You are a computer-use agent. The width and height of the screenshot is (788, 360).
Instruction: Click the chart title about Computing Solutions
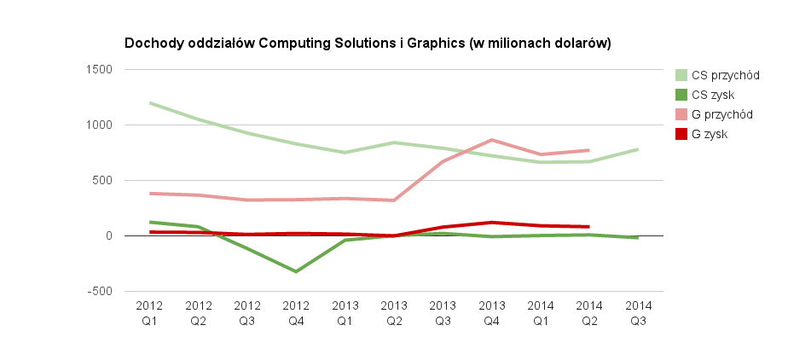coord(368,43)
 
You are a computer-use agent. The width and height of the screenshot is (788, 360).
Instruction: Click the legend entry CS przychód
coord(725,75)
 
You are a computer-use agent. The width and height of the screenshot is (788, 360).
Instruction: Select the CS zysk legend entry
coord(713,95)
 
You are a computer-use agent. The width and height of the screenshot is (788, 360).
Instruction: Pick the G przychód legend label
coord(721,114)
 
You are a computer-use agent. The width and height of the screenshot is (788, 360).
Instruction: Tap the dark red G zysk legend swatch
coord(681,134)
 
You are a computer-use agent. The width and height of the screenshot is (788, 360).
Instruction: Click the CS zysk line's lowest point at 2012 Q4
coord(296,271)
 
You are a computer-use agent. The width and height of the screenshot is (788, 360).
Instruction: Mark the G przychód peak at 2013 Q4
coord(491,140)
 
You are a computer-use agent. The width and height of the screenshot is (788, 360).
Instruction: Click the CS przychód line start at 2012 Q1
coord(150,103)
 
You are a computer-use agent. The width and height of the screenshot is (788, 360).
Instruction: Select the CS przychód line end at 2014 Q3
coord(638,149)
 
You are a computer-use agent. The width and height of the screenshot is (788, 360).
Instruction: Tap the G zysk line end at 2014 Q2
coord(588,227)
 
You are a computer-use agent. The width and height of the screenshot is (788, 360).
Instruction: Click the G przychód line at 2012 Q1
coord(150,194)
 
